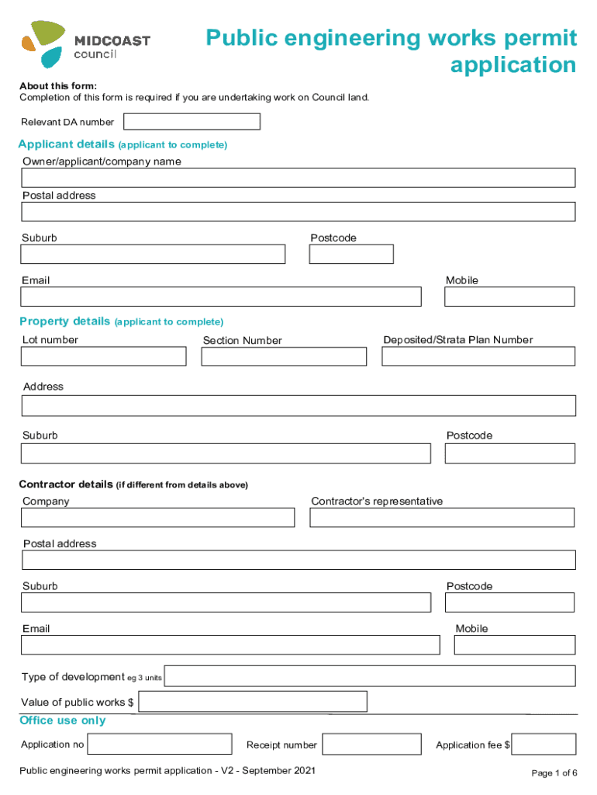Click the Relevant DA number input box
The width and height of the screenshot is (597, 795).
192,122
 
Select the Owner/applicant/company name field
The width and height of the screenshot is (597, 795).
298,178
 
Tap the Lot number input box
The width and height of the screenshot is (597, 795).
103,356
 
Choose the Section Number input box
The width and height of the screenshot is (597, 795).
284,356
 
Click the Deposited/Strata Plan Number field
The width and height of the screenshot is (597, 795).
478,356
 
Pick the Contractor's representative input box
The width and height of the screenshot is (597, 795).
442,518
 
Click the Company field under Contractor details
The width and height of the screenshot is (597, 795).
157,518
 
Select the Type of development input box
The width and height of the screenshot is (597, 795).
370,676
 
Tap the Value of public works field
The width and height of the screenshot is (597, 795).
252,702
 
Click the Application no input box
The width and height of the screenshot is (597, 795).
160,745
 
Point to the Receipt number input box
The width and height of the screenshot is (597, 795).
371,745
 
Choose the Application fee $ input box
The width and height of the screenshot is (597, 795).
544,745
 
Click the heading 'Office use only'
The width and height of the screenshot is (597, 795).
62,720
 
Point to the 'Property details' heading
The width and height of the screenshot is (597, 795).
64,321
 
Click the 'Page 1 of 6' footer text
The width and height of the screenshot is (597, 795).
554,773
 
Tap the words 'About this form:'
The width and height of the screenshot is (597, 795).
58,85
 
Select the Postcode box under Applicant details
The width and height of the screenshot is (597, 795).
351,255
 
